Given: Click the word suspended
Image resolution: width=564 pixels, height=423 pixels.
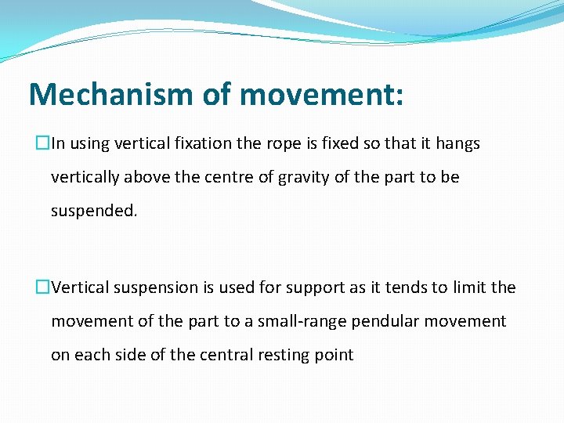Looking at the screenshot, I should [93, 211].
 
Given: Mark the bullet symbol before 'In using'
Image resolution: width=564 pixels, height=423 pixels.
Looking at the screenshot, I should [43, 144].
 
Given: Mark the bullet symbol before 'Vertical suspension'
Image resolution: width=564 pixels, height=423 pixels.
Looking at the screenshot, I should [43, 287].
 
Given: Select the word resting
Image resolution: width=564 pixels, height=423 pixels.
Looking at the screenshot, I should [284, 356].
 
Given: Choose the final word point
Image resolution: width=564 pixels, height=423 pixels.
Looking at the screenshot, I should [334, 356].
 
